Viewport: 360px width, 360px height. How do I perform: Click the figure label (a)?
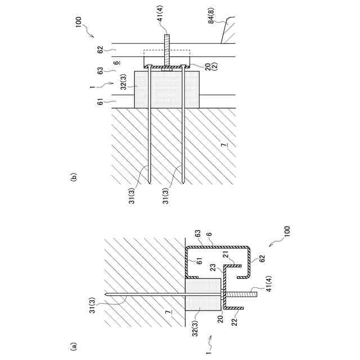[x=73, y=347]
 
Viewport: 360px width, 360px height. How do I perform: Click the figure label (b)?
[x=73, y=178]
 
